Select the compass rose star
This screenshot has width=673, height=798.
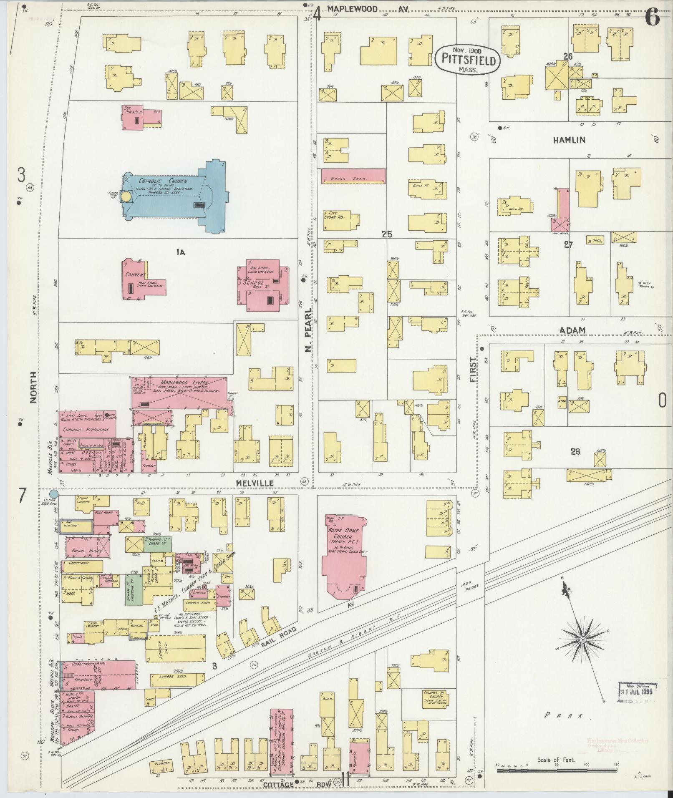coord(570,652)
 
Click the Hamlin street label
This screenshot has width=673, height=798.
coord(569,140)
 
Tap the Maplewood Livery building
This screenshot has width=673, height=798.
coord(179,392)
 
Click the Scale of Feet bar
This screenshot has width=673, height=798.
coord(556,771)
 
